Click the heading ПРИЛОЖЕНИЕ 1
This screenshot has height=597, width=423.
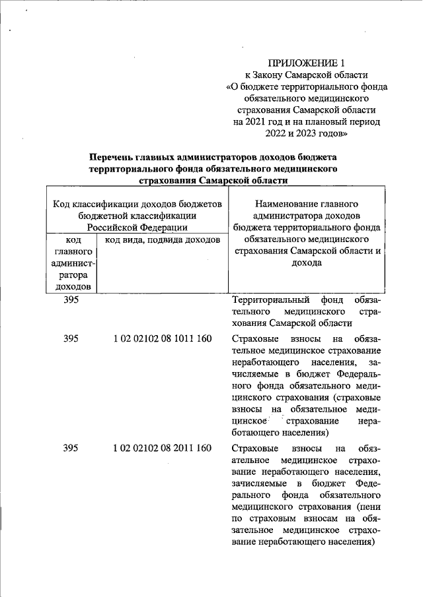pyautogui.click(x=306, y=63)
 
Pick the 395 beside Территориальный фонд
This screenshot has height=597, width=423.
pyautogui.click(x=71, y=299)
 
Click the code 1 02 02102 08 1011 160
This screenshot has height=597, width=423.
pyautogui.click(x=162, y=338)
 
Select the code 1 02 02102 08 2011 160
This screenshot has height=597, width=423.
pyautogui.click(x=162, y=449)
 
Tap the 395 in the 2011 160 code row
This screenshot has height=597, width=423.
pyautogui.click(x=71, y=449)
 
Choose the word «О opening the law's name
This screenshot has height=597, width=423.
pyautogui.click(x=233, y=86)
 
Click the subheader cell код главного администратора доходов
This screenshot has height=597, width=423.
pyautogui.click(x=73, y=263)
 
